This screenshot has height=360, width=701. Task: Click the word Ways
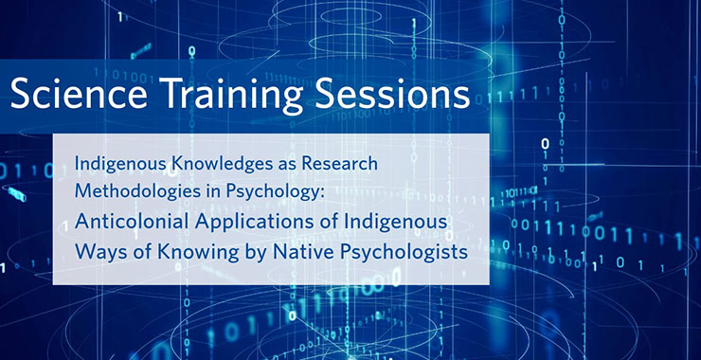click(99, 253)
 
